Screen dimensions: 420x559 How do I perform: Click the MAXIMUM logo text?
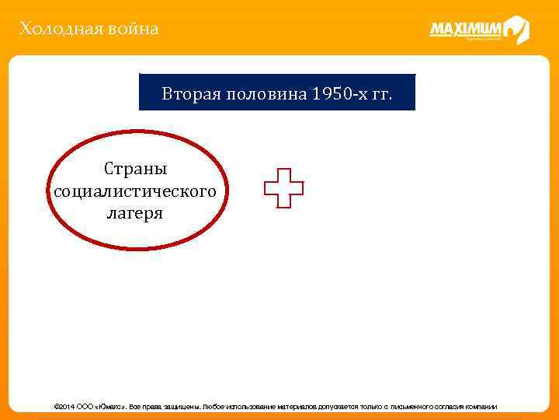coord(466,30)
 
